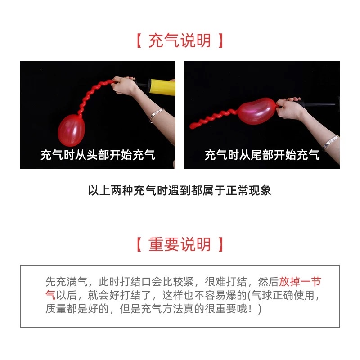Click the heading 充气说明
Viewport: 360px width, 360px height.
point(180,41)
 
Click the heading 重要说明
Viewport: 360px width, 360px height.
point(180,244)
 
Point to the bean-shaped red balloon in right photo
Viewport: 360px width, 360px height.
point(256,110)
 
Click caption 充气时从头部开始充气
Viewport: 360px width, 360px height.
point(98,156)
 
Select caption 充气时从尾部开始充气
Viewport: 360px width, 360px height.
point(262,156)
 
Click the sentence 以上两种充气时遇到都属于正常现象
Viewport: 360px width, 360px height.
point(180,190)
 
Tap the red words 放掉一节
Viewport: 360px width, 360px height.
point(300,282)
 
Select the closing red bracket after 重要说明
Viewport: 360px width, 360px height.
point(220,245)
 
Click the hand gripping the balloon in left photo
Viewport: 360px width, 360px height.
point(127,84)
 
